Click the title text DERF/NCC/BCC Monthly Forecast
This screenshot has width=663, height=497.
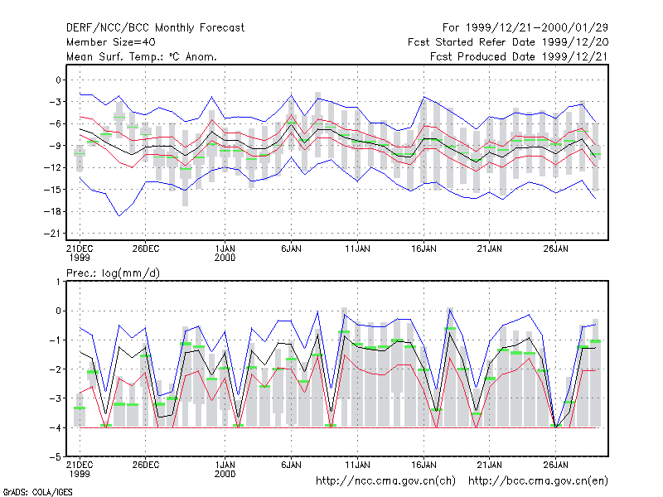(x=155, y=28)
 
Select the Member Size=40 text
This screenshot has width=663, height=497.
(x=111, y=42)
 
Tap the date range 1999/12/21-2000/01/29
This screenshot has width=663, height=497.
(x=537, y=28)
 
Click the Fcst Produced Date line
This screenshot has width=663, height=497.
(x=520, y=56)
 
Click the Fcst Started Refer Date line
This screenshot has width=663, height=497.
(x=508, y=42)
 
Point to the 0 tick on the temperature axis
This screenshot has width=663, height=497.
(x=58, y=80)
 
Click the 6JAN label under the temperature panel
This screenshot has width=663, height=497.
(x=291, y=248)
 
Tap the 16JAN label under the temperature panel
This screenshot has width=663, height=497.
(x=423, y=248)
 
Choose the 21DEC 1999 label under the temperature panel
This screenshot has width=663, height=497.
(x=80, y=253)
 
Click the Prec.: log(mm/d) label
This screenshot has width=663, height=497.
(x=113, y=273)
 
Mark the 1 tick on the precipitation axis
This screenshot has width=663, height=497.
(x=58, y=282)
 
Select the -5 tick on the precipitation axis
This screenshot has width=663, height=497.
(x=56, y=457)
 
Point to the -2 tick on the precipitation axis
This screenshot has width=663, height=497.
(x=56, y=369)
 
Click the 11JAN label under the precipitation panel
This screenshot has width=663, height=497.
(x=357, y=465)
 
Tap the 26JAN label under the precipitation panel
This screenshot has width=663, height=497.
(x=555, y=465)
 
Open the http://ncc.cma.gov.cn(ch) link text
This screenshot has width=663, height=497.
(x=385, y=481)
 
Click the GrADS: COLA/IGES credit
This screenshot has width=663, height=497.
(x=37, y=492)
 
